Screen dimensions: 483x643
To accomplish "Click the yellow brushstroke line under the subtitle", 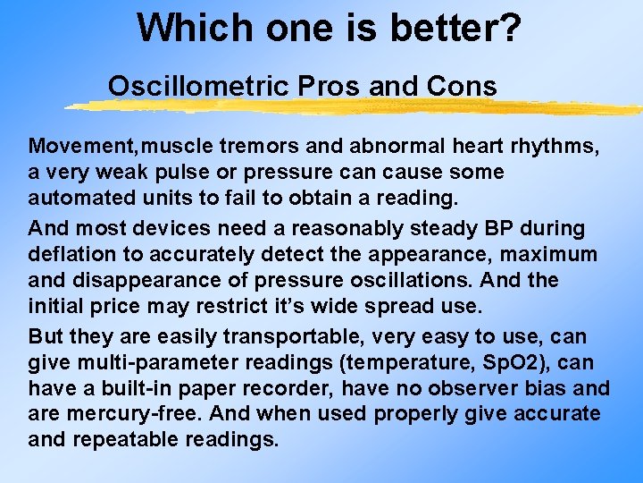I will pyautogui.click(x=357, y=107).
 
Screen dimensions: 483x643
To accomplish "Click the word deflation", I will pyautogui.click(x=69, y=254).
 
